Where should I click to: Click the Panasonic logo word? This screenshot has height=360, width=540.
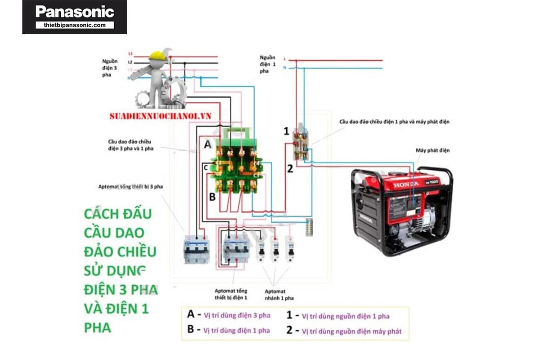coord(75,12)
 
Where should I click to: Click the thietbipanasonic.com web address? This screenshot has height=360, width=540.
coord(75,25)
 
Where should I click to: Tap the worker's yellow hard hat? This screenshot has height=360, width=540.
coord(157,55)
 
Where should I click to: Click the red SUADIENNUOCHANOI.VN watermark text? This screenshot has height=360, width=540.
coord(160,116)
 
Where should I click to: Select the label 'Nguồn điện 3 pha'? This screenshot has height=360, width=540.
coord(110,67)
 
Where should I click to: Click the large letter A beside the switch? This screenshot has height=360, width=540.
coord(207,144)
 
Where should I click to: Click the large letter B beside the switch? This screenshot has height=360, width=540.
coord(212,197)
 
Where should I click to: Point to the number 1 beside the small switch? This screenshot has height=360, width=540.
coord(286,131)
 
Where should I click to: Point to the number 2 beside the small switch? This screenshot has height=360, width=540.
coord(290,169)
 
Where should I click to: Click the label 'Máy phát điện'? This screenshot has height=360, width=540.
coord(432,150)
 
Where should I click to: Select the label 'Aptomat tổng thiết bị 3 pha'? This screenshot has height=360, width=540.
coord(130,186)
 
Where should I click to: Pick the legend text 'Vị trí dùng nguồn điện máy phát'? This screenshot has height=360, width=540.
coord(351,332)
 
